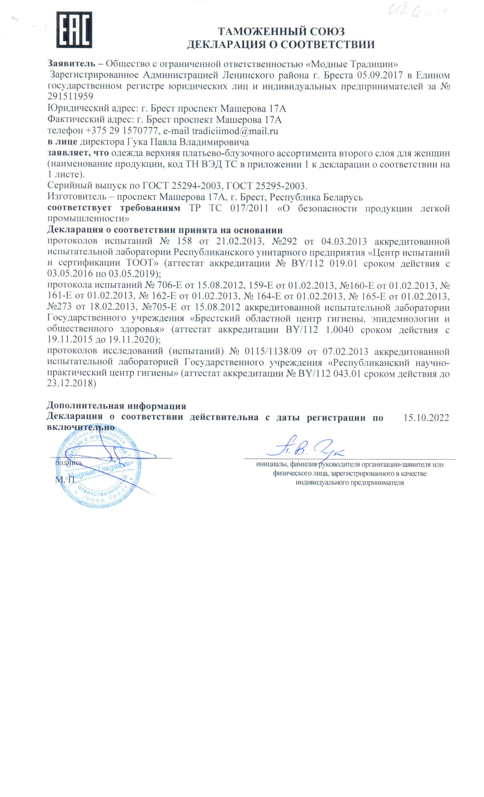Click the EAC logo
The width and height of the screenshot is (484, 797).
[74, 30]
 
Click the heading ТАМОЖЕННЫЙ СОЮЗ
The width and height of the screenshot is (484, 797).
[281, 31]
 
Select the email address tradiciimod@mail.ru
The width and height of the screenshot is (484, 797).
[235, 131]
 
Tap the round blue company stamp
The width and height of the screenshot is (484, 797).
[99, 465]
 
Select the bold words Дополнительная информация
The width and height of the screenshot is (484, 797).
[116, 406]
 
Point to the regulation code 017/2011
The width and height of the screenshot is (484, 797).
[249, 208]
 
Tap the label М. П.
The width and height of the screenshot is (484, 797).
[66, 479]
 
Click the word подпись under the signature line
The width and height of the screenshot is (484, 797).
[69, 463]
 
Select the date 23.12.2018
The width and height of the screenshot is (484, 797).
[71, 383]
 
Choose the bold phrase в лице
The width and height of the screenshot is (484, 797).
[62, 142]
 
